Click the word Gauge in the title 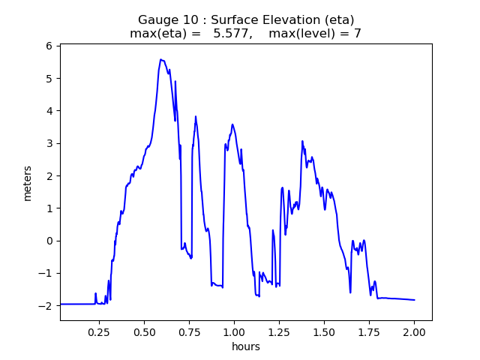pos(156,20)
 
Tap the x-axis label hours pos(246,347)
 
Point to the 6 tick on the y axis pos(50,46)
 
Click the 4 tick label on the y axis pos(50,111)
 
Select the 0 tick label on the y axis pos(50,241)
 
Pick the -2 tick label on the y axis pos(47,306)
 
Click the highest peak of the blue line pos(160,59)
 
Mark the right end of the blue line pos(415,300)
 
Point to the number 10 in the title pos(188,20)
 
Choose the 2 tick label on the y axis pos(50,175)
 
